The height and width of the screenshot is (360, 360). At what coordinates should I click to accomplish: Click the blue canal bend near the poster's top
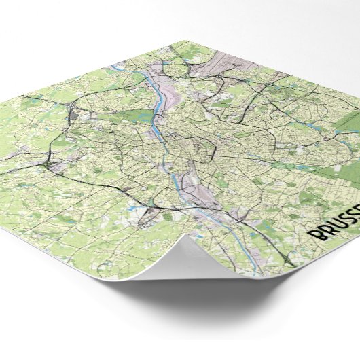pos(126,65)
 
